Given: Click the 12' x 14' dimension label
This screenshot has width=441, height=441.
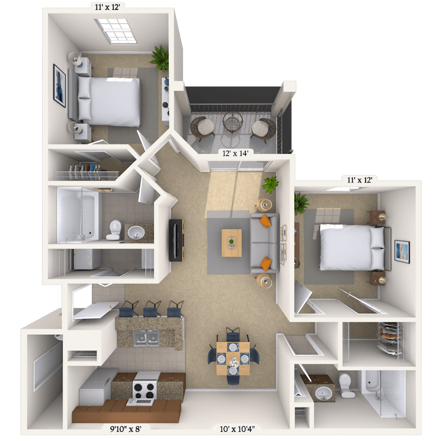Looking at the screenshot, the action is click(x=235, y=153).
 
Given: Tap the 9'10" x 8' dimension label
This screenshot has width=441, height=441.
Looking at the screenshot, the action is click(x=126, y=429).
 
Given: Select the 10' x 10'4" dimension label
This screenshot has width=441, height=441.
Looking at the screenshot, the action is click(x=237, y=429).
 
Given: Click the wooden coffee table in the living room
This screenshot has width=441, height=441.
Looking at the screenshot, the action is click(x=231, y=243).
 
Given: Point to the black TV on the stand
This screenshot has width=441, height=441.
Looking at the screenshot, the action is click(x=175, y=240).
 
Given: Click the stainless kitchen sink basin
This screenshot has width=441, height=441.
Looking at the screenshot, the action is click(x=146, y=338).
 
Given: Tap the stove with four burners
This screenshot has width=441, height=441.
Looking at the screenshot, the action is click(x=145, y=388).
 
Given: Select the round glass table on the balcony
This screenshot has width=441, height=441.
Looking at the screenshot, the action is click(x=233, y=122).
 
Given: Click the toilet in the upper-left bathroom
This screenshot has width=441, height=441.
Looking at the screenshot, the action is click(x=114, y=230).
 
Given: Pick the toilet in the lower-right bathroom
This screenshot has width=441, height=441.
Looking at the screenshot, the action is click(x=346, y=385).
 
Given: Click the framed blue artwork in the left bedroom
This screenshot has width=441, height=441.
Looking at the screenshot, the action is click(x=59, y=86).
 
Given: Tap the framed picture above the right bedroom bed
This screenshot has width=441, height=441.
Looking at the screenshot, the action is click(x=402, y=251).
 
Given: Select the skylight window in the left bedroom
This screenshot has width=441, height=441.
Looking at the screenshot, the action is click(x=115, y=31).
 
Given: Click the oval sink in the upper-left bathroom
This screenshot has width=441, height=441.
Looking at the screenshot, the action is click(x=136, y=232).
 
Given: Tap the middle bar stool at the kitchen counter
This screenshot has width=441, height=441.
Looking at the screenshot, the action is click(x=152, y=309).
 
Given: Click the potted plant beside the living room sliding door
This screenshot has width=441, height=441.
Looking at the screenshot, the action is click(x=271, y=184).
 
